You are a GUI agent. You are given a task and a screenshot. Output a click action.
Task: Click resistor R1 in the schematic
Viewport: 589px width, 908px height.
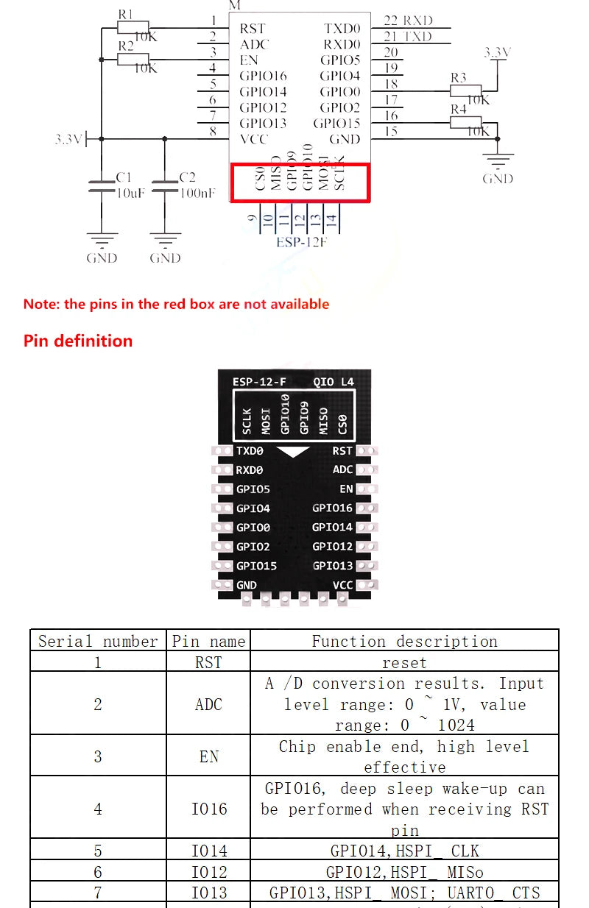(133, 27)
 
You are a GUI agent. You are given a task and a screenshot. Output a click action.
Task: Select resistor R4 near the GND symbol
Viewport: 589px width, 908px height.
(465, 122)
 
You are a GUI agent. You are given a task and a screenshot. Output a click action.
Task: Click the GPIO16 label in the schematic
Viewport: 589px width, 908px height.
(263, 76)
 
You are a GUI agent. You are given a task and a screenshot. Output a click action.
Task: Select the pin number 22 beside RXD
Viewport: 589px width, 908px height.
(391, 21)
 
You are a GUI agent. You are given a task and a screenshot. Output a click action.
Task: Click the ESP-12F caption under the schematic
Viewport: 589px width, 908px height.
(301, 241)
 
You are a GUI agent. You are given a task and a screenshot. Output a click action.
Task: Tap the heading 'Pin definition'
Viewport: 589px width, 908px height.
(78, 341)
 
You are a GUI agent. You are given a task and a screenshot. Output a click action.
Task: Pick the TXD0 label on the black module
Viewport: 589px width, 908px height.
(250, 450)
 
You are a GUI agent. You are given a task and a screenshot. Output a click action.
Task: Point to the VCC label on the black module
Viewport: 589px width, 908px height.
(342, 585)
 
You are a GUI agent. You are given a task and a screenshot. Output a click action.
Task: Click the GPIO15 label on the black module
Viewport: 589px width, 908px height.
(256, 566)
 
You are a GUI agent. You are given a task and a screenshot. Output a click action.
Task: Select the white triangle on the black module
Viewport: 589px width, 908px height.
(294, 452)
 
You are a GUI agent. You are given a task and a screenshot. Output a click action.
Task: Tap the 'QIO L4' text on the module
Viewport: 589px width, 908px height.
(334, 382)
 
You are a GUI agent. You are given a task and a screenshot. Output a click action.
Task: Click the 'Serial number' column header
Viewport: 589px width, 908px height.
(98, 641)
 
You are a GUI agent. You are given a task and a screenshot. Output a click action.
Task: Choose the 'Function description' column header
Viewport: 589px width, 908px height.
(404, 641)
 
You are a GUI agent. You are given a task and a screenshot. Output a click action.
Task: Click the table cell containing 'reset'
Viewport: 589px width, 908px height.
(404, 662)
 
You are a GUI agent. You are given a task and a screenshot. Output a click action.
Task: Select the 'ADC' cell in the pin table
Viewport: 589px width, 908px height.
(208, 704)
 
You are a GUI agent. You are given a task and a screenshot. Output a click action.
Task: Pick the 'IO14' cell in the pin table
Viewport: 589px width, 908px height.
(209, 851)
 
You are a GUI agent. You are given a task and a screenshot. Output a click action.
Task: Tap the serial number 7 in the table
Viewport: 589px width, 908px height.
(98, 893)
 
